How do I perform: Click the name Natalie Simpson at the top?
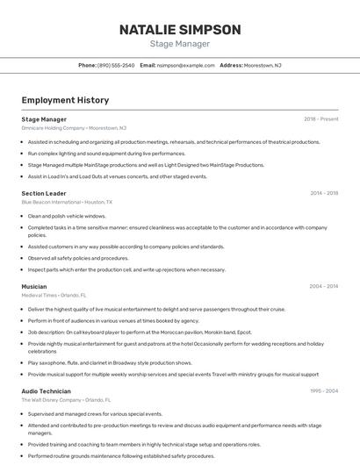click(179, 30)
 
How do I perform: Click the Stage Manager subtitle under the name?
click(179, 44)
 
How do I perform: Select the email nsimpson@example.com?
click(185, 66)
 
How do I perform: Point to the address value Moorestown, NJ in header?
click(263, 66)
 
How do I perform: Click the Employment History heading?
click(65, 100)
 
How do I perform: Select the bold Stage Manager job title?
click(44, 119)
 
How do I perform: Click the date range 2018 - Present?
click(321, 119)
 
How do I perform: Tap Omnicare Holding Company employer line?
click(74, 128)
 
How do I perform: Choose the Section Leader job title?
click(44, 193)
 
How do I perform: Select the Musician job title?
click(34, 286)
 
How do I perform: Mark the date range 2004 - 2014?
click(324, 286)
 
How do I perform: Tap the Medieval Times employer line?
click(56, 295)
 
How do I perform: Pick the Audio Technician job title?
click(47, 390)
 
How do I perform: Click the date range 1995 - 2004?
click(324, 390)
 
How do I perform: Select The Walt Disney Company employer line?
click(66, 399)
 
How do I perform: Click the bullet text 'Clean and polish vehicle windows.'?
click(67, 216)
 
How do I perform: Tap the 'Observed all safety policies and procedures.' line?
click(78, 258)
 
